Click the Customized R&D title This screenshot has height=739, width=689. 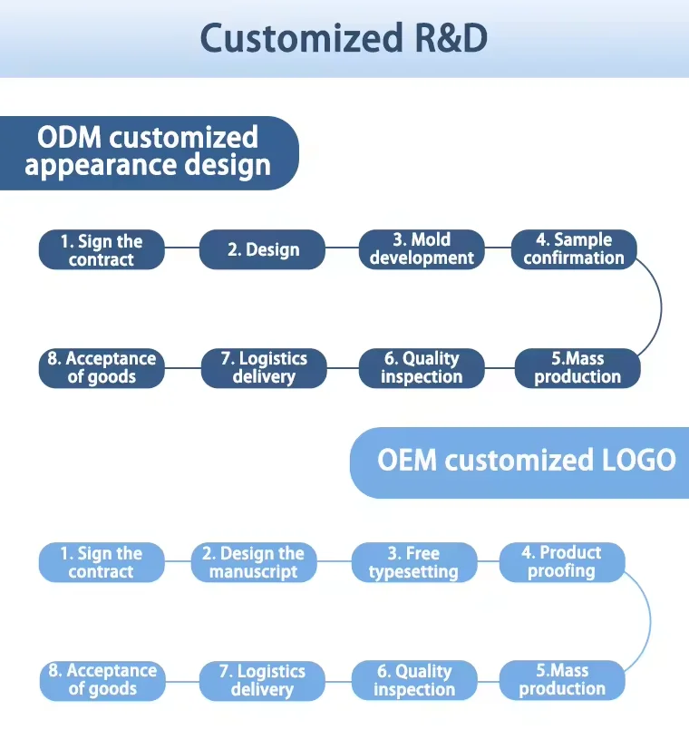click(x=344, y=38)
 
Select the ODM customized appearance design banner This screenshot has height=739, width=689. click(x=149, y=153)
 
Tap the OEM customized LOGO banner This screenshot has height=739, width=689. click(x=519, y=462)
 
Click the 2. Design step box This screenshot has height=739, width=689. click(x=263, y=249)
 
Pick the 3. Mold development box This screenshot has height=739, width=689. click(x=422, y=249)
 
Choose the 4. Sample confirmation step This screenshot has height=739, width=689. click(x=574, y=249)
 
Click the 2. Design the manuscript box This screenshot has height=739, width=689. click(x=254, y=562)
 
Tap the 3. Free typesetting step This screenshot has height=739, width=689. click(x=414, y=562)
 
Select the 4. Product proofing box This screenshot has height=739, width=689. click(x=562, y=562)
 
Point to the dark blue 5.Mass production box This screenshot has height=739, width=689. click(x=577, y=368)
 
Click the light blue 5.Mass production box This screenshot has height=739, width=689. click(x=562, y=680)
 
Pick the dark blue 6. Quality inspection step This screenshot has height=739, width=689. click(x=422, y=368)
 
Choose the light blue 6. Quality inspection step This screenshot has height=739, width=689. click(x=414, y=680)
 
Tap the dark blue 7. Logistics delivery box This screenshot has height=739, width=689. click(x=264, y=368)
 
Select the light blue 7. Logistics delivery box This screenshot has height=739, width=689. click(x=263, y=681)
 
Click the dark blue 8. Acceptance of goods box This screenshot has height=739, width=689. click(x=102, y=368)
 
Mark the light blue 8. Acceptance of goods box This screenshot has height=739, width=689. click(x=102, y=681)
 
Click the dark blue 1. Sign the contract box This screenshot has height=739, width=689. click(x=102, y=249)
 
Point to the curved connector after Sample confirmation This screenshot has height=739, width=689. click(x=661, y=307)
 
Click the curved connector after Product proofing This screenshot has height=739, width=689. click(x=650, y=621)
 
